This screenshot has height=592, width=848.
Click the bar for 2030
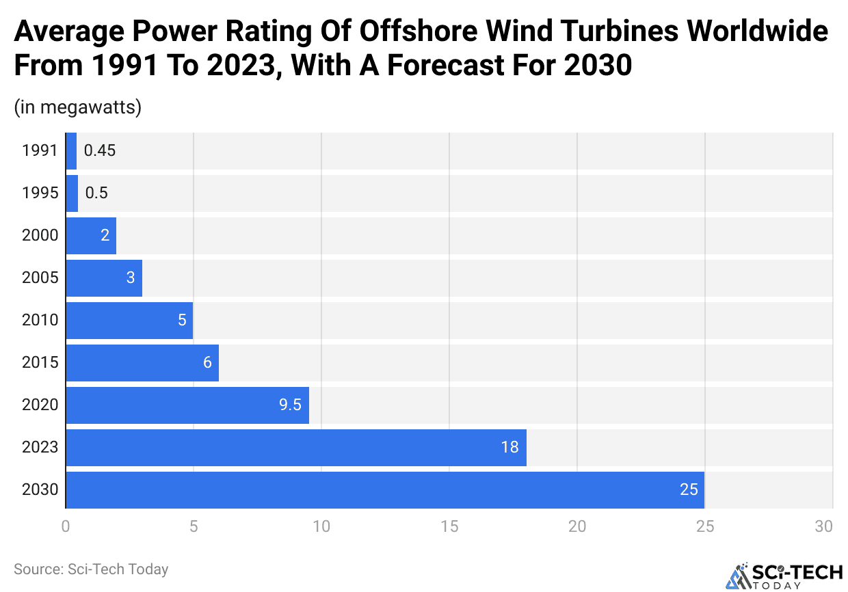pos(385,489)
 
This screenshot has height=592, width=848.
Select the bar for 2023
pos(296,447)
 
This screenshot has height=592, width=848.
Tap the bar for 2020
pos(187,405)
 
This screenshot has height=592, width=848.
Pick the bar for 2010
pos(130,320)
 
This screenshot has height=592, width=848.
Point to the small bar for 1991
pos(71,150)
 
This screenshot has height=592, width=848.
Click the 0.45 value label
pos(100,150)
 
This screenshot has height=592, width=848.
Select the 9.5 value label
pos(290,405)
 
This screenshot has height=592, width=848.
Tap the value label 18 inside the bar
pos(509,447)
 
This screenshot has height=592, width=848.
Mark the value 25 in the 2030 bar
pos(689,489)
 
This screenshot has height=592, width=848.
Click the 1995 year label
pos(40,193)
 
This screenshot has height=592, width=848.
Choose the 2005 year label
pos(40,278)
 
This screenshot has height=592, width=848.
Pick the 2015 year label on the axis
pos(40,362)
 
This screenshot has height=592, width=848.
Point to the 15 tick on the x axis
pos(449,526)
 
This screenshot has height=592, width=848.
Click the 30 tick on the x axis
pos(824,526)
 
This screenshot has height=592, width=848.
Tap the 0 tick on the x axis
pos(66,526)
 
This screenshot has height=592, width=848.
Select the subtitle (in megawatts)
pos(77,107)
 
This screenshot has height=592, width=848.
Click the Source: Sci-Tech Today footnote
pos(91,569)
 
